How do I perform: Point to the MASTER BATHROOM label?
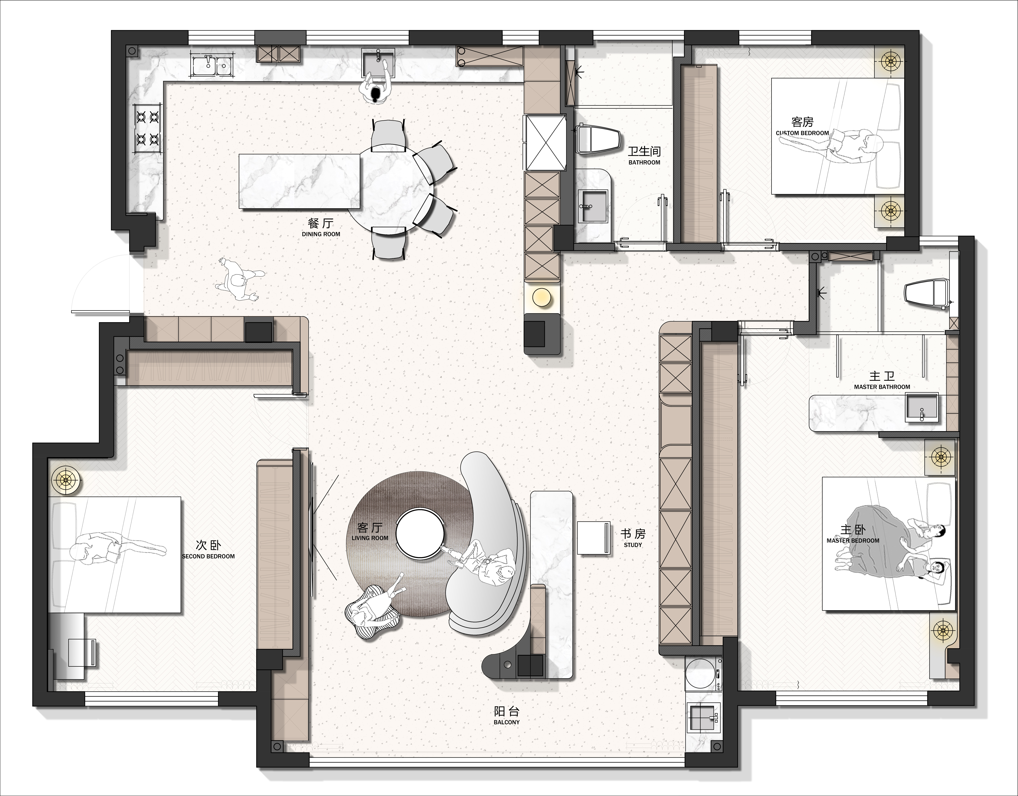(x=882, y=387)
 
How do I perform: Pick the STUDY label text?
(x=633, y=545)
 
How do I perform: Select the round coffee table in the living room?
(x=419, y=533)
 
